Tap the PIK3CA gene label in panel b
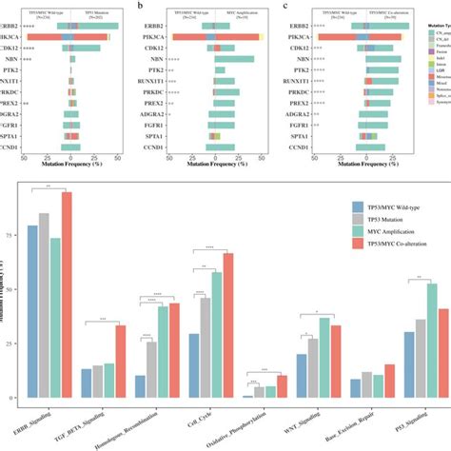click(x=162, y=34)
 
